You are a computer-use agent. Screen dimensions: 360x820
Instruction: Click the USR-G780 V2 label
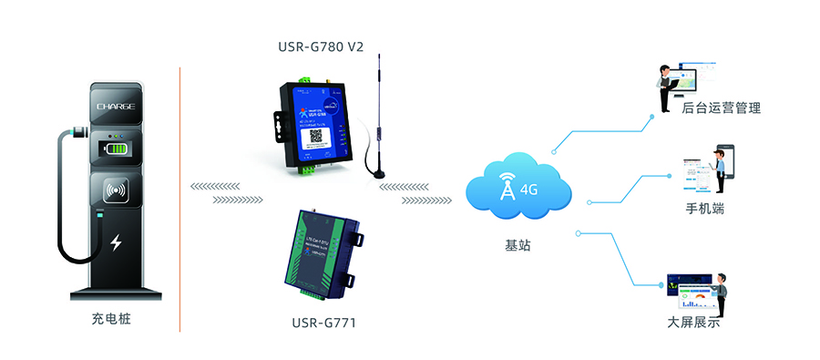point(321,47)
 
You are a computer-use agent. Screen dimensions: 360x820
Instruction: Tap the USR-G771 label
point(323,322)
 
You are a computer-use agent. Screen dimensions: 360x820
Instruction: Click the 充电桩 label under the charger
point(117,320)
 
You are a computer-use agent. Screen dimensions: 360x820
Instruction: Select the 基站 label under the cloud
point(518,246)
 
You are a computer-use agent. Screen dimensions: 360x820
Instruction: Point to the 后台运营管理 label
point(721,108)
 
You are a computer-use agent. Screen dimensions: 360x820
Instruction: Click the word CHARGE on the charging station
point(117,107)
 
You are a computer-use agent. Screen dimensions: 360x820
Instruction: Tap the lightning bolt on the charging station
point(116,242)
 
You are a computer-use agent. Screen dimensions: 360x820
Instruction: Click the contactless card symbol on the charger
point(117,192)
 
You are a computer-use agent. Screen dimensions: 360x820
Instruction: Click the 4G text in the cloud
point(529,190)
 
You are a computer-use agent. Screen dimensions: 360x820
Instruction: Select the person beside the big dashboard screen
point(721,291)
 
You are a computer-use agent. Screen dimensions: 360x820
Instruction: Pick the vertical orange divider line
point(179,196)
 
